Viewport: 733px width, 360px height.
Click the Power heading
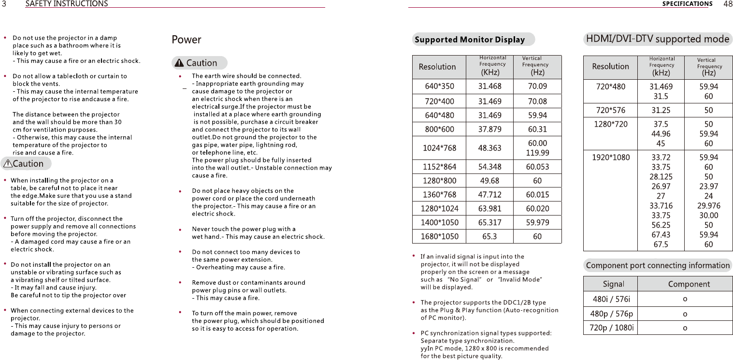[187, 40]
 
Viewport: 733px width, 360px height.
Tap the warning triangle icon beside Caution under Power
[179, 63]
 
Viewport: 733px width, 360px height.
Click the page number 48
[728, 4]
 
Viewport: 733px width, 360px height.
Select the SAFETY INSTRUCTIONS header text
[66, 4]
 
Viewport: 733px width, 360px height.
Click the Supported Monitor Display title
[470, 40]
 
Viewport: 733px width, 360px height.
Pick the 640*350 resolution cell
[439, 86]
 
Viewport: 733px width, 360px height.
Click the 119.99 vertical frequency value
[537, 153]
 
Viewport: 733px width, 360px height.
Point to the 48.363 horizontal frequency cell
[489, 148]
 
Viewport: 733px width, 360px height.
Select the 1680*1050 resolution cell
[439, 237]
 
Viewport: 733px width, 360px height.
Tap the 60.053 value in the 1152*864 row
[537, 167]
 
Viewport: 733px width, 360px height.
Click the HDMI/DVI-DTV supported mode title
[658, 39]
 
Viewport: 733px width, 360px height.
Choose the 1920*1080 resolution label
[611, 157]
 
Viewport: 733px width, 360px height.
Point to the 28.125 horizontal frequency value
[661, 176]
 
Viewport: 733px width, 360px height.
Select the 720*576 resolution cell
[611, 110]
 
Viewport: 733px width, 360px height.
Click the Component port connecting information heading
[658, 265]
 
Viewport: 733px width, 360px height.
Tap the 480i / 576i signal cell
[611, 299]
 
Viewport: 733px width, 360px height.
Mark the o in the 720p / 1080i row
[685, 328]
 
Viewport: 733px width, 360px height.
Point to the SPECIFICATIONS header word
[687, 4]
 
